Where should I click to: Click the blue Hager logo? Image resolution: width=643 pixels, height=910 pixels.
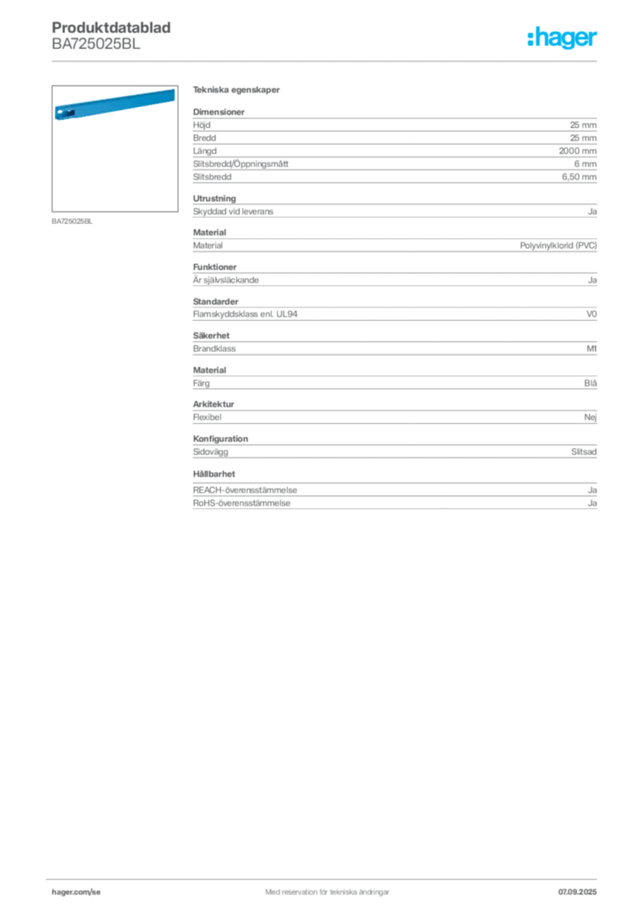point(564,39)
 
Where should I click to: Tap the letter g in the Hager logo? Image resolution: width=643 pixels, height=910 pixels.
point(565,41)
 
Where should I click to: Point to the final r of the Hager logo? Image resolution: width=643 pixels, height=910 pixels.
point(596,40)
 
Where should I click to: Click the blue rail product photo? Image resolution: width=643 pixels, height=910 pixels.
point(113,103)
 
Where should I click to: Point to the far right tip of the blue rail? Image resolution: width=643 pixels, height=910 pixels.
point(175,92)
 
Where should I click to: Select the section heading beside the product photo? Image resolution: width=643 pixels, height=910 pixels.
point(238,92)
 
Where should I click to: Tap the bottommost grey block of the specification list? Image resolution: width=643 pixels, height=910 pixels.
point(393,493)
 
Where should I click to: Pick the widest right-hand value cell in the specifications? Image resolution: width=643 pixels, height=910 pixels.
point(560,243)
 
